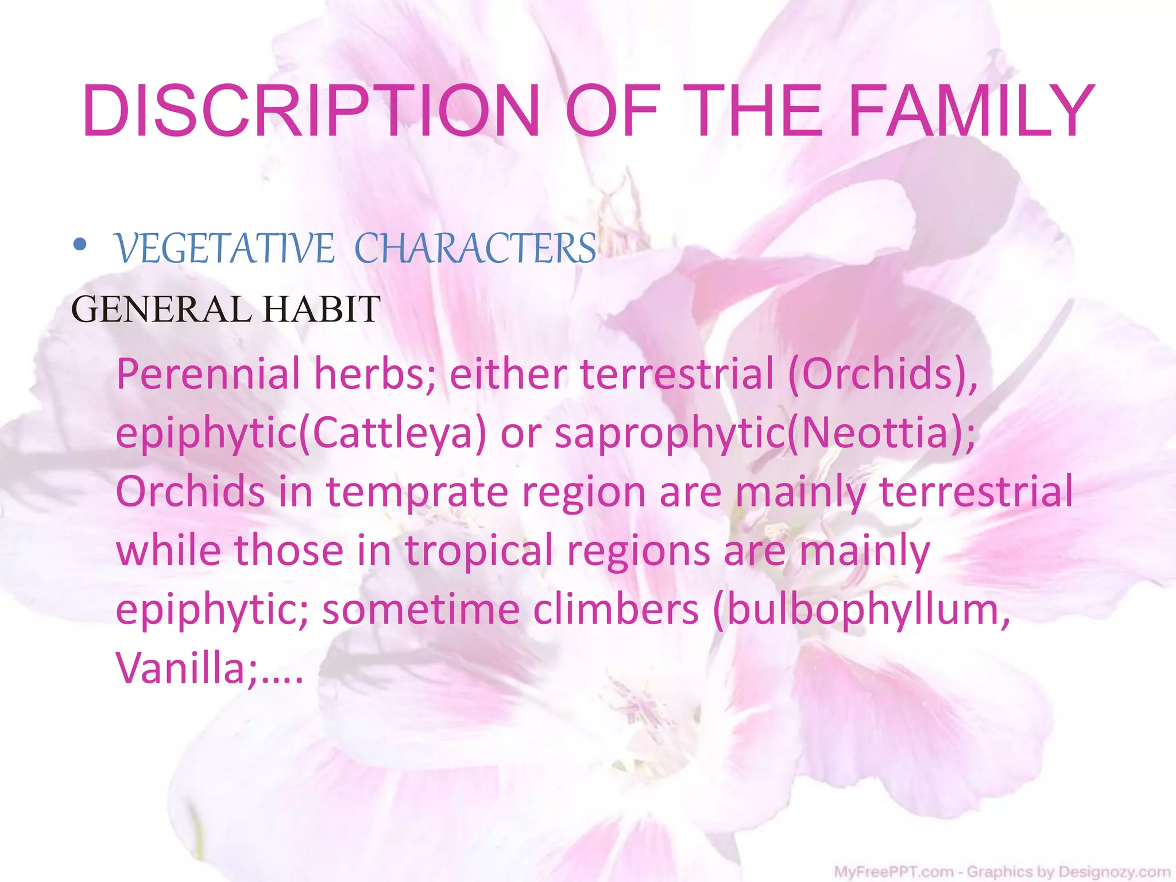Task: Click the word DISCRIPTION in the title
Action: coord(310,111)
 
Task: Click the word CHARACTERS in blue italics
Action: coord(475,249)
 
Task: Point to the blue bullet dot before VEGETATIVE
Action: coord(80,246)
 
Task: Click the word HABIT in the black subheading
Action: coord(322,310)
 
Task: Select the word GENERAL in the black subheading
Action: coord(161,310)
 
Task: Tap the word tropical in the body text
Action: coord(479,550)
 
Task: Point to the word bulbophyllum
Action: coord(861,610)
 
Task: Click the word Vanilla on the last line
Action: coord(181,668)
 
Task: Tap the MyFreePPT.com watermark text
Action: coord(893,872)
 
